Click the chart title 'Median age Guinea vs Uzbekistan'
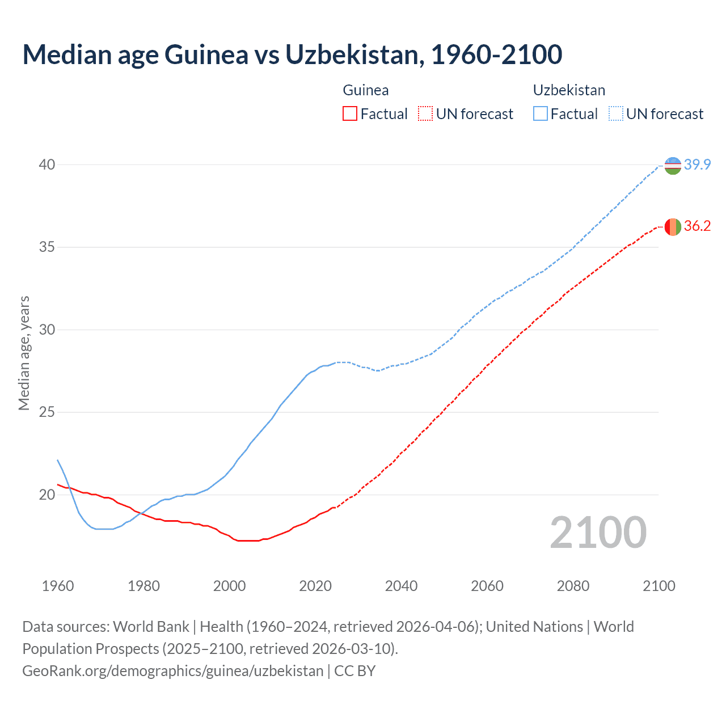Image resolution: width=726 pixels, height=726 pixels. pyautogui.click(x=292, y=54)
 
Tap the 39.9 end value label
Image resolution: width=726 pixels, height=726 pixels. pyautogui.click(x=697, y=164)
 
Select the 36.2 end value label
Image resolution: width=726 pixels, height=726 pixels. pyautogui.click(x=697, y=226)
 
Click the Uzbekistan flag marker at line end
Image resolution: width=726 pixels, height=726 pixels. pyautogui.click(x=673, y=165)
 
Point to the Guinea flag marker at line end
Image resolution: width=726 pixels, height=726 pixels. pyautogui.click(x=673, y=226)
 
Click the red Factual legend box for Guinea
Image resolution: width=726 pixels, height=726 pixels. pyautogui.click(x=350, y=114)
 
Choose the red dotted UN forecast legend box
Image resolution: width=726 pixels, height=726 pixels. pyautogui.click(x=425, y=114)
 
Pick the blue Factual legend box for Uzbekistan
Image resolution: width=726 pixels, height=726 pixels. pyautogui.click(x=541, y=114)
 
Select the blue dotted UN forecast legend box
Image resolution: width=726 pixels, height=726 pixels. pyautogui.click(x=615, y=114)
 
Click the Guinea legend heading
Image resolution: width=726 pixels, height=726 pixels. pyautogui.click(x=366, y=90)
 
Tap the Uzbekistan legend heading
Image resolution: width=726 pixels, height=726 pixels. pyautogui.click(x=569, y=90)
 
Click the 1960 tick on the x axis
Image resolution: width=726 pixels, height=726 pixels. pyautogui.click(x=58, y=586)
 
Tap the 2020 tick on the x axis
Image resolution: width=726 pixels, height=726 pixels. pyautogui.click(x=315, y=586)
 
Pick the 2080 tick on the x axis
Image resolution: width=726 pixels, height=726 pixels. pyautogui.click(x=573, y=586)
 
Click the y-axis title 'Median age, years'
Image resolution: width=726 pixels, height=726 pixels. pyautogui.click(x=24, y=353)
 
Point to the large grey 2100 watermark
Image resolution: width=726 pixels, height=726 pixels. pyautogui.click(x=598, y=532)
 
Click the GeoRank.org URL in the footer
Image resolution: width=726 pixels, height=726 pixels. pyautogui.click(x=172, y=671)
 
